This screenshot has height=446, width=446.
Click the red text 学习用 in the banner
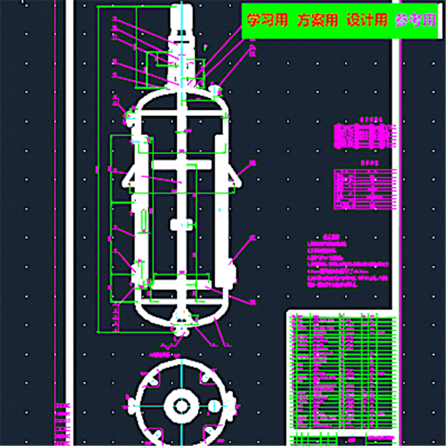pyautogui.click(x=267, y=21)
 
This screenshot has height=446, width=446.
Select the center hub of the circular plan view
pyautogui.click(x=181, y=406)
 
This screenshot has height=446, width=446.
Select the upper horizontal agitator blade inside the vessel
pyautogui.click(x=181, y=165)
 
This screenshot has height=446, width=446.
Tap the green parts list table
pyautogui.click(x=343, y=375)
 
